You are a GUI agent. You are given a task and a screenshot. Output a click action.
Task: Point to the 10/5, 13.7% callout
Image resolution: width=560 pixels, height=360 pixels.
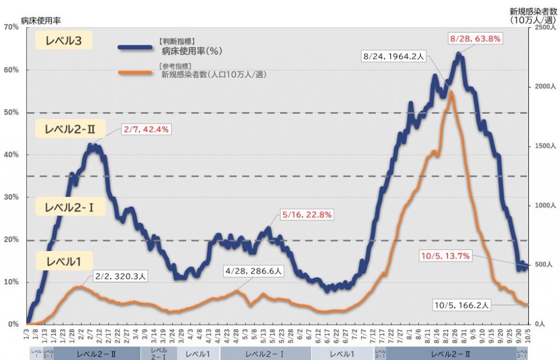pyautogui.click(x=445, y=256)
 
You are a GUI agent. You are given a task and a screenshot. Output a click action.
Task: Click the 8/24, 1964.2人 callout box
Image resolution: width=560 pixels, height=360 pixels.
pyautogui.click(x=394, y=56)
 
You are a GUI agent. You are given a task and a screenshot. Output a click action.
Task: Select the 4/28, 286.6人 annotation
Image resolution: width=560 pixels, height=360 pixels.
pyautogui.click(x=255, y=270)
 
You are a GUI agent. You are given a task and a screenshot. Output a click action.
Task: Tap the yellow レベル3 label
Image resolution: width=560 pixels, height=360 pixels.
pyautogui.click(x=63, y=41)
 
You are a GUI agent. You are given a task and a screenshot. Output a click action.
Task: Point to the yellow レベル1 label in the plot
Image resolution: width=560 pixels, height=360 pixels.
pyautogui.click(x=64, y=262)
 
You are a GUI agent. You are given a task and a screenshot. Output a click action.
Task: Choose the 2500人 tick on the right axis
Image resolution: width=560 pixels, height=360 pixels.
pyautogui.click(x=544, y=27)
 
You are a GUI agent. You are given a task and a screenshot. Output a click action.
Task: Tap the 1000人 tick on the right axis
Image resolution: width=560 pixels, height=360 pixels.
pyautogui.click(x=544, y=206)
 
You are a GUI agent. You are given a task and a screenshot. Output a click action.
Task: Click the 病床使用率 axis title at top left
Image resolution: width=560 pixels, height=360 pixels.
pyautogui.click(x=40, y=20)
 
